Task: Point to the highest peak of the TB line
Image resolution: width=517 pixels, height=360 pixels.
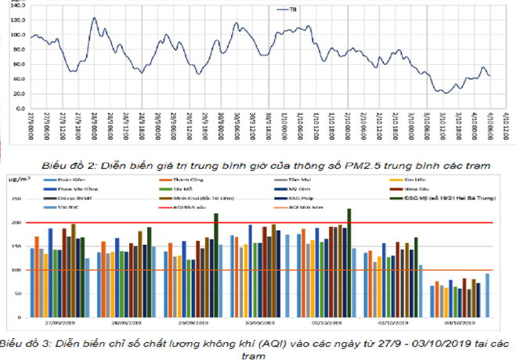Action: click(94, 18)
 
